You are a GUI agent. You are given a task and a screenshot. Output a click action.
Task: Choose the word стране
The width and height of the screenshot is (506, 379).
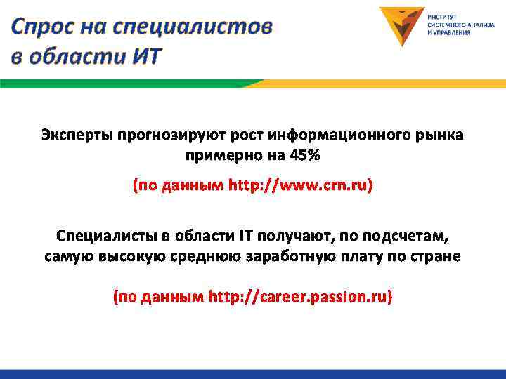click(x=439, y=256)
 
